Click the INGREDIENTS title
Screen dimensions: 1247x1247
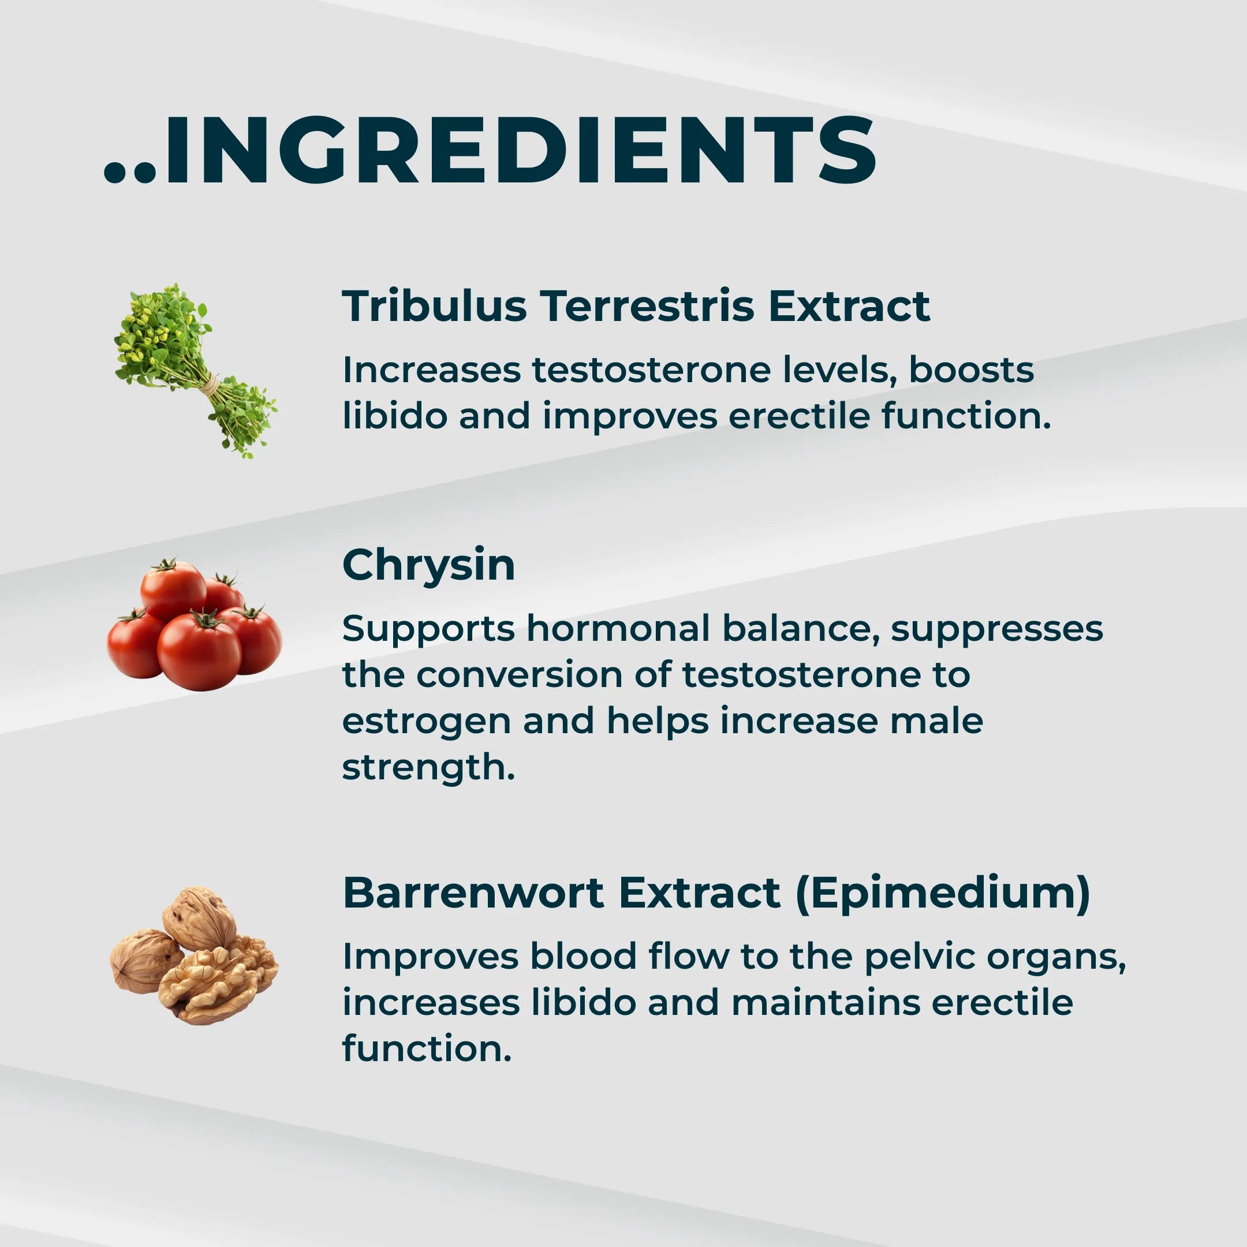coord(490,151)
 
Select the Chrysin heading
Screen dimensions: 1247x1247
coord(428,565)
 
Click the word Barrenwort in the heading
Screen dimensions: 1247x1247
coord(473,893)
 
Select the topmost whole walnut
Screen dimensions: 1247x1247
coord(199,919)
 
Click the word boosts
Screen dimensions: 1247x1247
coord(972,370)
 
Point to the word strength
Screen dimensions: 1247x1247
coord(428,767)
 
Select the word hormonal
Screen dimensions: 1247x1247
coord(618,629)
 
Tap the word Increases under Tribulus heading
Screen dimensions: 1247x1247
coord(431,370)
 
